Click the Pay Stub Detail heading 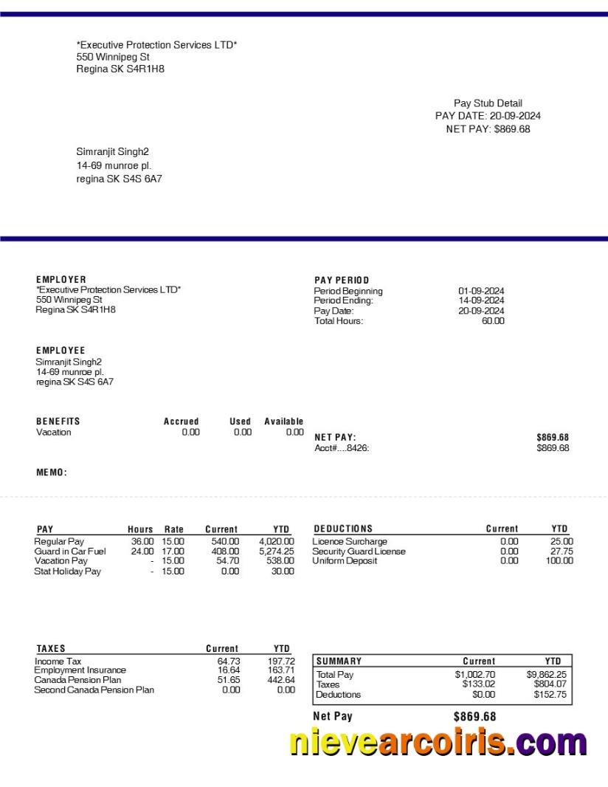(488, 103)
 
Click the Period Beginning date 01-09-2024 (481, 291)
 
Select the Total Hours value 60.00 (493, 321)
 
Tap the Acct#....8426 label (342, 448)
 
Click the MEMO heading (52, 472)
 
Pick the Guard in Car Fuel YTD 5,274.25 (277, 551)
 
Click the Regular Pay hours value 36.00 (142, 542)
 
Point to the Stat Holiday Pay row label (67, 571)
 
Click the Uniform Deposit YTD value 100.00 (559, 561)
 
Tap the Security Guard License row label (359, 551)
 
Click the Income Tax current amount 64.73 (229, 661)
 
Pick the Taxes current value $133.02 (478, 684)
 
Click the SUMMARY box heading (339, 661)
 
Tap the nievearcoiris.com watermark (438, 741)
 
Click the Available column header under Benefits (284, 422)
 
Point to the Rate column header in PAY (173, 529)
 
